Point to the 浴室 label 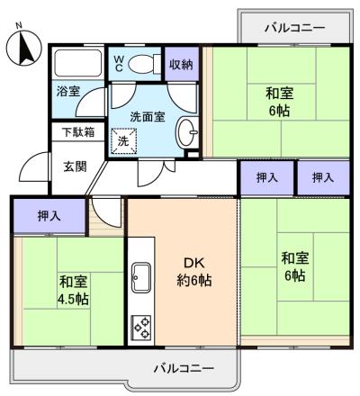(x=68, y=92)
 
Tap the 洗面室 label (x=147, y=116)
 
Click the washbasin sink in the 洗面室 (x=185, y=131)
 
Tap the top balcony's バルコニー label (x=293, y=28)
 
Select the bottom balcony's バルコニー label (x=183, y=369)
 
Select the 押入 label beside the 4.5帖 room (x=50, y=216)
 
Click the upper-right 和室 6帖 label (x=278, y=101)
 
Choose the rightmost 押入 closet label (x=323, y=178)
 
